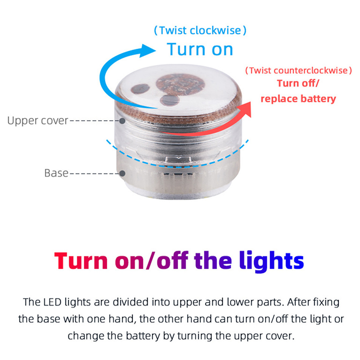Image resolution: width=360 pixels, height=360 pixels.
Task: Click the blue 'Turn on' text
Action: pyautogui.click(x=200, y=49)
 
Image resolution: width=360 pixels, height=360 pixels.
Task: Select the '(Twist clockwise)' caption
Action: pyautogui.click(x=200, y=30)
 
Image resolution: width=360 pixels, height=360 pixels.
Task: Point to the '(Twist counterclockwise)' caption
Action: pyautogui.click(x=298, y=71)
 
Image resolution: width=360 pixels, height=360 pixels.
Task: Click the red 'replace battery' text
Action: pyautogui.click(x=298, y=99)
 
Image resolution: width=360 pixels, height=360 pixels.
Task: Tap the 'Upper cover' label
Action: pyautogui.click(x=38, y=121)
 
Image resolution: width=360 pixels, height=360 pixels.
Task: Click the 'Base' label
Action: pyautogui.click(x=56, y=173)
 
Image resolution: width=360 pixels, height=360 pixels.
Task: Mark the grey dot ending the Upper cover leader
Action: pyautogui.click(x=122, y=121)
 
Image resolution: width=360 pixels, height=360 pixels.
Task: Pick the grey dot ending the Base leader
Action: pyautogui.click(x=122, y=173)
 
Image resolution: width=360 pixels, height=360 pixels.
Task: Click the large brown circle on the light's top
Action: pyautogui.click(x=180, y=85)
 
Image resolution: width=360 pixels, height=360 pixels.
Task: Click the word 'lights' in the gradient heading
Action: pyautogui.click(x=271, y=261)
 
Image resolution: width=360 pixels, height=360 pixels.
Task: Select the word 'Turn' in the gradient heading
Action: pyautogui.click(x=81, y=261)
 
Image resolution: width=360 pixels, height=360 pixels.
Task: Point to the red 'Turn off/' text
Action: pyautogui.click(x=298, y=83)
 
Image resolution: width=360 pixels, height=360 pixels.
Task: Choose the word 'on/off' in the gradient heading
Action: pyautogui.click(x=152, y=261)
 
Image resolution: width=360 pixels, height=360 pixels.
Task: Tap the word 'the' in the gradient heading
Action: pyautogui.click(x=213, y=261)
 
